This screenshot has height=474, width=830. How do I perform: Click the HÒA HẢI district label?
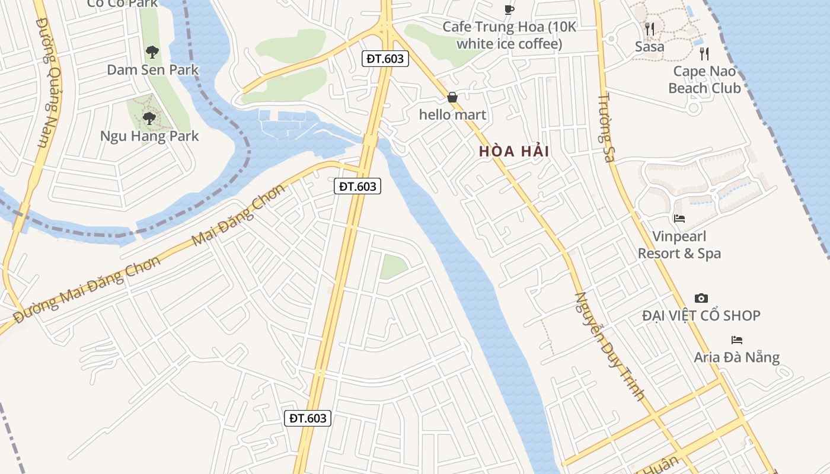(x=514, y=151)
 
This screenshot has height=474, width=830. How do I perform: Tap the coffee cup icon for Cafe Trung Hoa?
(x=509, y=9)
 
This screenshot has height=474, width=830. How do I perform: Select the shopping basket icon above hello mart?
(x=452, y=97)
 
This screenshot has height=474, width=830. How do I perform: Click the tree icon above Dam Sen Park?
(x=152, y=52)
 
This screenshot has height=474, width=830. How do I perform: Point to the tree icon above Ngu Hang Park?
(x=149, y=118)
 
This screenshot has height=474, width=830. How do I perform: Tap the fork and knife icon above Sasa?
(x=650, y=29)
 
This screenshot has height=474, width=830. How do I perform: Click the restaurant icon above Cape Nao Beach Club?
(x=704, y=54)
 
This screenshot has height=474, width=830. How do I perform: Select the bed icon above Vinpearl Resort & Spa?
(x=679, y=219)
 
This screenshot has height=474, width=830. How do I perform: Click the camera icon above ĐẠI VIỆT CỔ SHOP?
(x=701, y=298)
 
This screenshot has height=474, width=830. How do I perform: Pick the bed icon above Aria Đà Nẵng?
(x=737, y=340)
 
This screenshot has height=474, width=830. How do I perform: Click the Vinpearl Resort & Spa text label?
(x=679, y=245)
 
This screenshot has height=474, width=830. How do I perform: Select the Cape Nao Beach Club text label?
(x=704, y=80)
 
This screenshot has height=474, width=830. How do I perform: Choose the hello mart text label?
(x=452, y=115)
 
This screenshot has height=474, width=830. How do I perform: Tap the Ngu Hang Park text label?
(x=149, y=136)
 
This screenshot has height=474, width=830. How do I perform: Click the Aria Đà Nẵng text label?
(x=737, y=357)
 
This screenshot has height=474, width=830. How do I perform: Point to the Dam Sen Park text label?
(x=152, y=70)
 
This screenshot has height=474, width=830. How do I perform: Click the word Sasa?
(x=650, y=46)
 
